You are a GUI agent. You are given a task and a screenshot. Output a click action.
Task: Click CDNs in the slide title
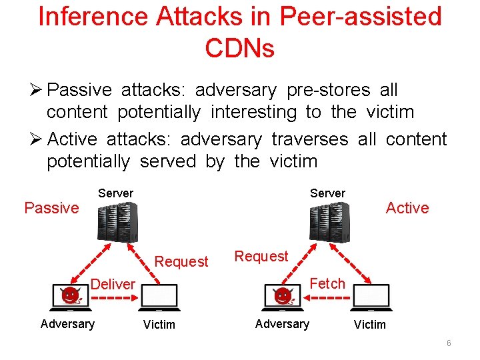coord(240,47)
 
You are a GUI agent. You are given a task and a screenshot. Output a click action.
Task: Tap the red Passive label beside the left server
coord(51,208)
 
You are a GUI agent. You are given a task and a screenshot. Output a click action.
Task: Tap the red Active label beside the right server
coord(407,208)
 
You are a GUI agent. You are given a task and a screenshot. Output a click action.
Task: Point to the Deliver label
coord(113,285)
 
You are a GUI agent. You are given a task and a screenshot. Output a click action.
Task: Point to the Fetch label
coord(327,283)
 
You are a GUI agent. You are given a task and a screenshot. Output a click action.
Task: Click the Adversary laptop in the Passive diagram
coord(71,297)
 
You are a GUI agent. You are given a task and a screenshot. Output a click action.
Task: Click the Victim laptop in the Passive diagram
coord(159,297)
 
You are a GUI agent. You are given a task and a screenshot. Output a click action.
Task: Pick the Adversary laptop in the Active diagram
coord(283,297)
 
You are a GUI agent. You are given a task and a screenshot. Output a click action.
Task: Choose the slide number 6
coord(449,343)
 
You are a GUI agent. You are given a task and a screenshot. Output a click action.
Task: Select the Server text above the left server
coord(115,193)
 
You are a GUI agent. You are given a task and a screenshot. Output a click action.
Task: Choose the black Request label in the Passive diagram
coord(181,261)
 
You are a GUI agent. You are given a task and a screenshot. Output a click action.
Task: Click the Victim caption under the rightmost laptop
coord(369,325)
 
